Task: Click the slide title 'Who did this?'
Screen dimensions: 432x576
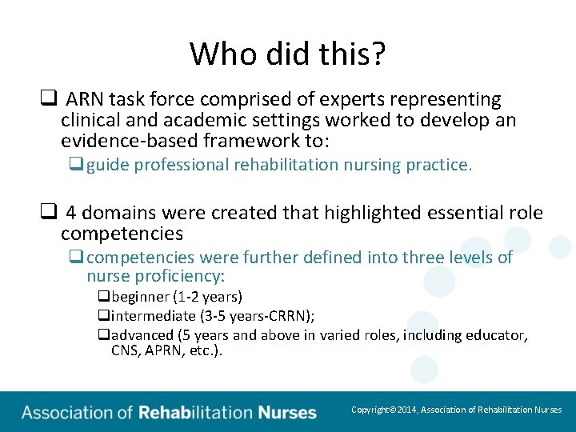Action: pos(288,54)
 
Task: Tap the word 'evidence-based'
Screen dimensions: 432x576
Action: pos(118,141)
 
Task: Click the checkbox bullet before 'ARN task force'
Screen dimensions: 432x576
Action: pos(47,100)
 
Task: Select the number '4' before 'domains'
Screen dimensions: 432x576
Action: pos(71,214)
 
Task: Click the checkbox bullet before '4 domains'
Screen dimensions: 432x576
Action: pos(47,214)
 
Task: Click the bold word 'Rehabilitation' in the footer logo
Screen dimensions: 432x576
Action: pos(195,414)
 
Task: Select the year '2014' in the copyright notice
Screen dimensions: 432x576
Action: pos(409,410)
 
